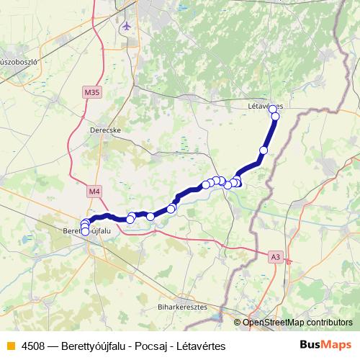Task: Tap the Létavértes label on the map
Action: [264, 106]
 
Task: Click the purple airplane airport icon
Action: [127, 27]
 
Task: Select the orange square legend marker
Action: [10, 346]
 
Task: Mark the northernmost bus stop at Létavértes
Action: [272, 108]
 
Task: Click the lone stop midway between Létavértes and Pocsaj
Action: [264, 150]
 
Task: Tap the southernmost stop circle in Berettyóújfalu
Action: [85, 233]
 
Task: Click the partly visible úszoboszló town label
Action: [19, 62]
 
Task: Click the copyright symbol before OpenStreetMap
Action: [238, 323]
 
